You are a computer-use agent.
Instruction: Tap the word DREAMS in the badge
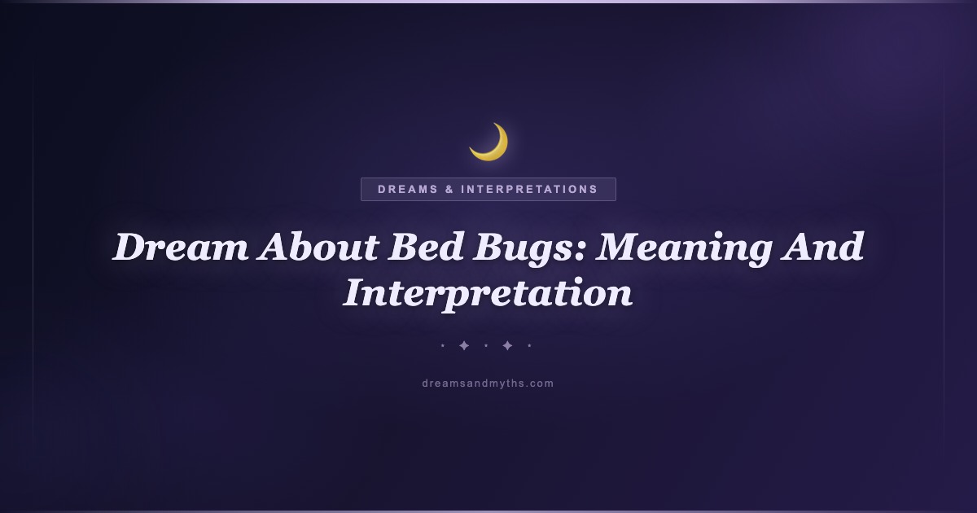pos(408,189)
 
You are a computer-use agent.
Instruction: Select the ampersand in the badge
pos(449,189)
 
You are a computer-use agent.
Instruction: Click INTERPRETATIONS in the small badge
pos(529,189)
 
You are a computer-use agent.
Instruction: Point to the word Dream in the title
pos(181,247)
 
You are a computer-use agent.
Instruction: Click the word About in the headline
pos(318,247)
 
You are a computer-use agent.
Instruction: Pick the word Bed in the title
pos(426,247)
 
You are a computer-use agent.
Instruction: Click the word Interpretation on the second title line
pos(488,295)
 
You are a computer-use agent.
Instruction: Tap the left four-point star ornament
pos(464,346)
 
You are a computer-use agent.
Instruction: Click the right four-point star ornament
pos(507,346)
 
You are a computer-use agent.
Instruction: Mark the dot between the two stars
pos(486,346)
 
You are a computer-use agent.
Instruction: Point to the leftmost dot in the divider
pos(443,346)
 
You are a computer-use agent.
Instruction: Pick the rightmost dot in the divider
pos(529,346)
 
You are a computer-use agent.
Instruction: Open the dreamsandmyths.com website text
pos(488,384)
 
